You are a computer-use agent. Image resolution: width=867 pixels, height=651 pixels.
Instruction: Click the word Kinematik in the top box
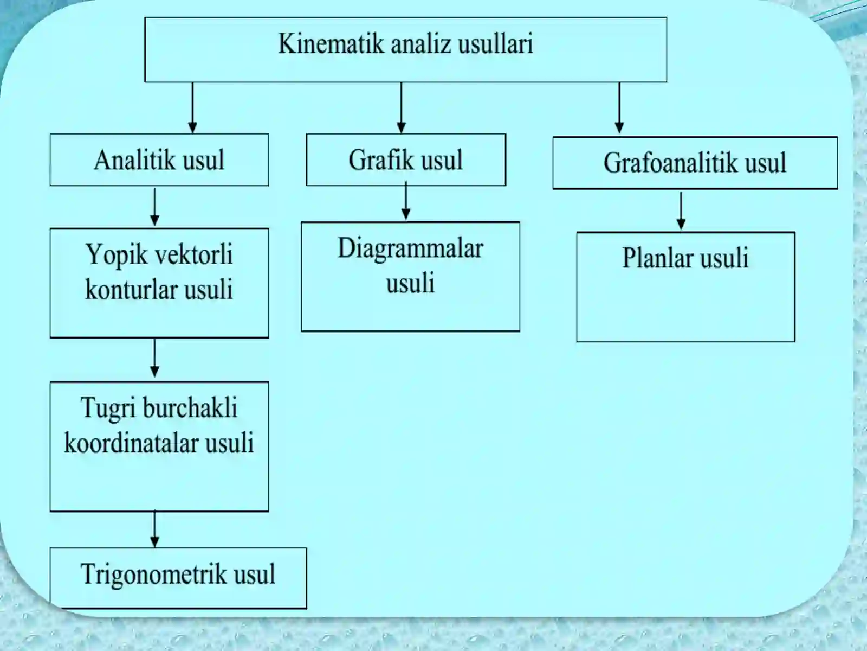331,43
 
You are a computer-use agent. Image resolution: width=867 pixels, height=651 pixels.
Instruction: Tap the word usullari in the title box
496,43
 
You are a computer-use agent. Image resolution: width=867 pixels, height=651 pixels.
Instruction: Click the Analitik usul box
159,159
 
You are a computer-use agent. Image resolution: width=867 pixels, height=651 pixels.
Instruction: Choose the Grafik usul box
406,159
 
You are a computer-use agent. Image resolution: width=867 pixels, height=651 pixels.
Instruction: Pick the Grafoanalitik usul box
695,163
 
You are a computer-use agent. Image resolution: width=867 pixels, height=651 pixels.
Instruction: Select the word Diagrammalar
410,250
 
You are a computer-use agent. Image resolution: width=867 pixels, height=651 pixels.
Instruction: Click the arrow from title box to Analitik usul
192,108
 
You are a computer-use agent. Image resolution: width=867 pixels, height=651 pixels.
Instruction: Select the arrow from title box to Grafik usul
401,108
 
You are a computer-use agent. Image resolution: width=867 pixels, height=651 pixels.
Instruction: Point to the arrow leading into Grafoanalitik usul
619,108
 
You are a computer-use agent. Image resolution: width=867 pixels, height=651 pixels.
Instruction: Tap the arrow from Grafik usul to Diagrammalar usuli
406,200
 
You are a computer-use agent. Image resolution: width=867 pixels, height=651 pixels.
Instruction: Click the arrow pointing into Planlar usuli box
681,211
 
